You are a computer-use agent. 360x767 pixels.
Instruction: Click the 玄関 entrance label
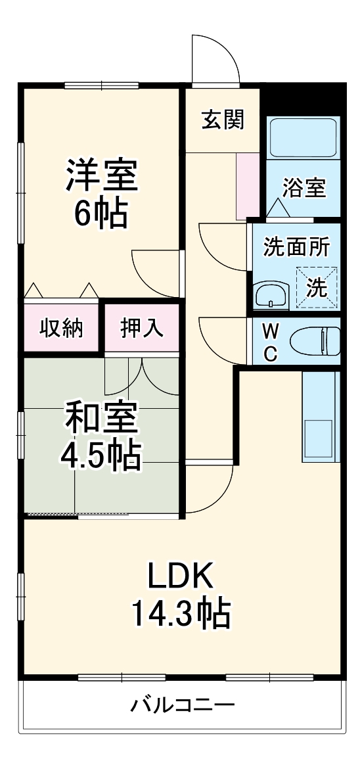click(x=223, y=120)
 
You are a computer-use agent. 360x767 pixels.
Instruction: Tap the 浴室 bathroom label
click(x=304, y=188)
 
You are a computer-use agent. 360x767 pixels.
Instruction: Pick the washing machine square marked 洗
click(x=317, y=287)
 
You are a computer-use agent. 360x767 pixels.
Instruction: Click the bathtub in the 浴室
click(x=303, y=136)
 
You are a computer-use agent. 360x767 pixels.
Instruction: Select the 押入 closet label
click(x=142, y=327)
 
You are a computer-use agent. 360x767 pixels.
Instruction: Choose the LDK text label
click(x=180, y=576)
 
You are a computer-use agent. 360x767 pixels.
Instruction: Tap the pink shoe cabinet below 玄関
click(x=248, y=186)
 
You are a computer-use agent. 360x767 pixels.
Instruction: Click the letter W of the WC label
click(x=269, y=329)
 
